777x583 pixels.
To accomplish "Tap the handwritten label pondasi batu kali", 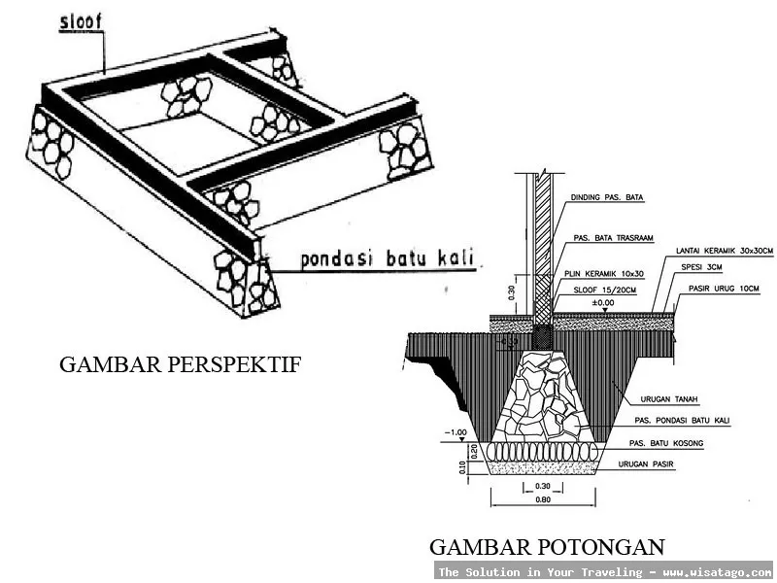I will [x=387, y=258].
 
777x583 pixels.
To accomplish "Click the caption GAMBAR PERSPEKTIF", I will [x=181, y=364].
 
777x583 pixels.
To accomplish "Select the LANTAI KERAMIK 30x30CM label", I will [x=725, y=251].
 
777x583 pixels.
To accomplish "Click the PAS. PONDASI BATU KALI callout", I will [x=680, y=421].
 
